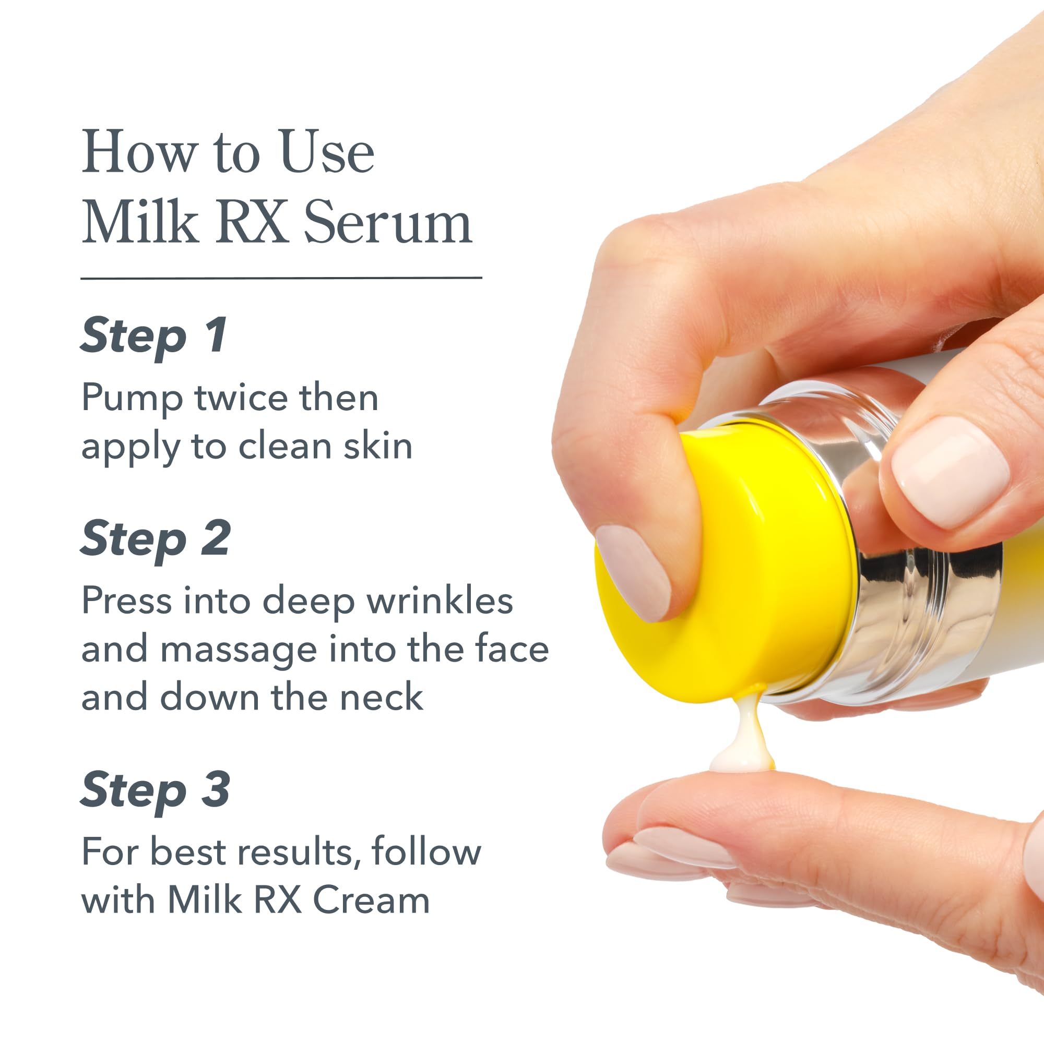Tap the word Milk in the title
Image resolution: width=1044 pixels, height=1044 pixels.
coord(140,222)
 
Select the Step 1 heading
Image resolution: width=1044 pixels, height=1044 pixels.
coord(153,336)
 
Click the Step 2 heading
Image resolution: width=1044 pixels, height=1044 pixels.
coord(156,539)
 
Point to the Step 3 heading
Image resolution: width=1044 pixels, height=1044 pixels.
coord(155,790)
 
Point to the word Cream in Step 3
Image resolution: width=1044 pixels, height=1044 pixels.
coord(372,901)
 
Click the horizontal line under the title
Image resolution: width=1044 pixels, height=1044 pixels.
coord(281,278)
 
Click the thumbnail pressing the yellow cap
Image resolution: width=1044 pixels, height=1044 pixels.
coord(634,573)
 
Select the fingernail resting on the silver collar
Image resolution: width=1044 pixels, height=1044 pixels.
coord(950,471)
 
